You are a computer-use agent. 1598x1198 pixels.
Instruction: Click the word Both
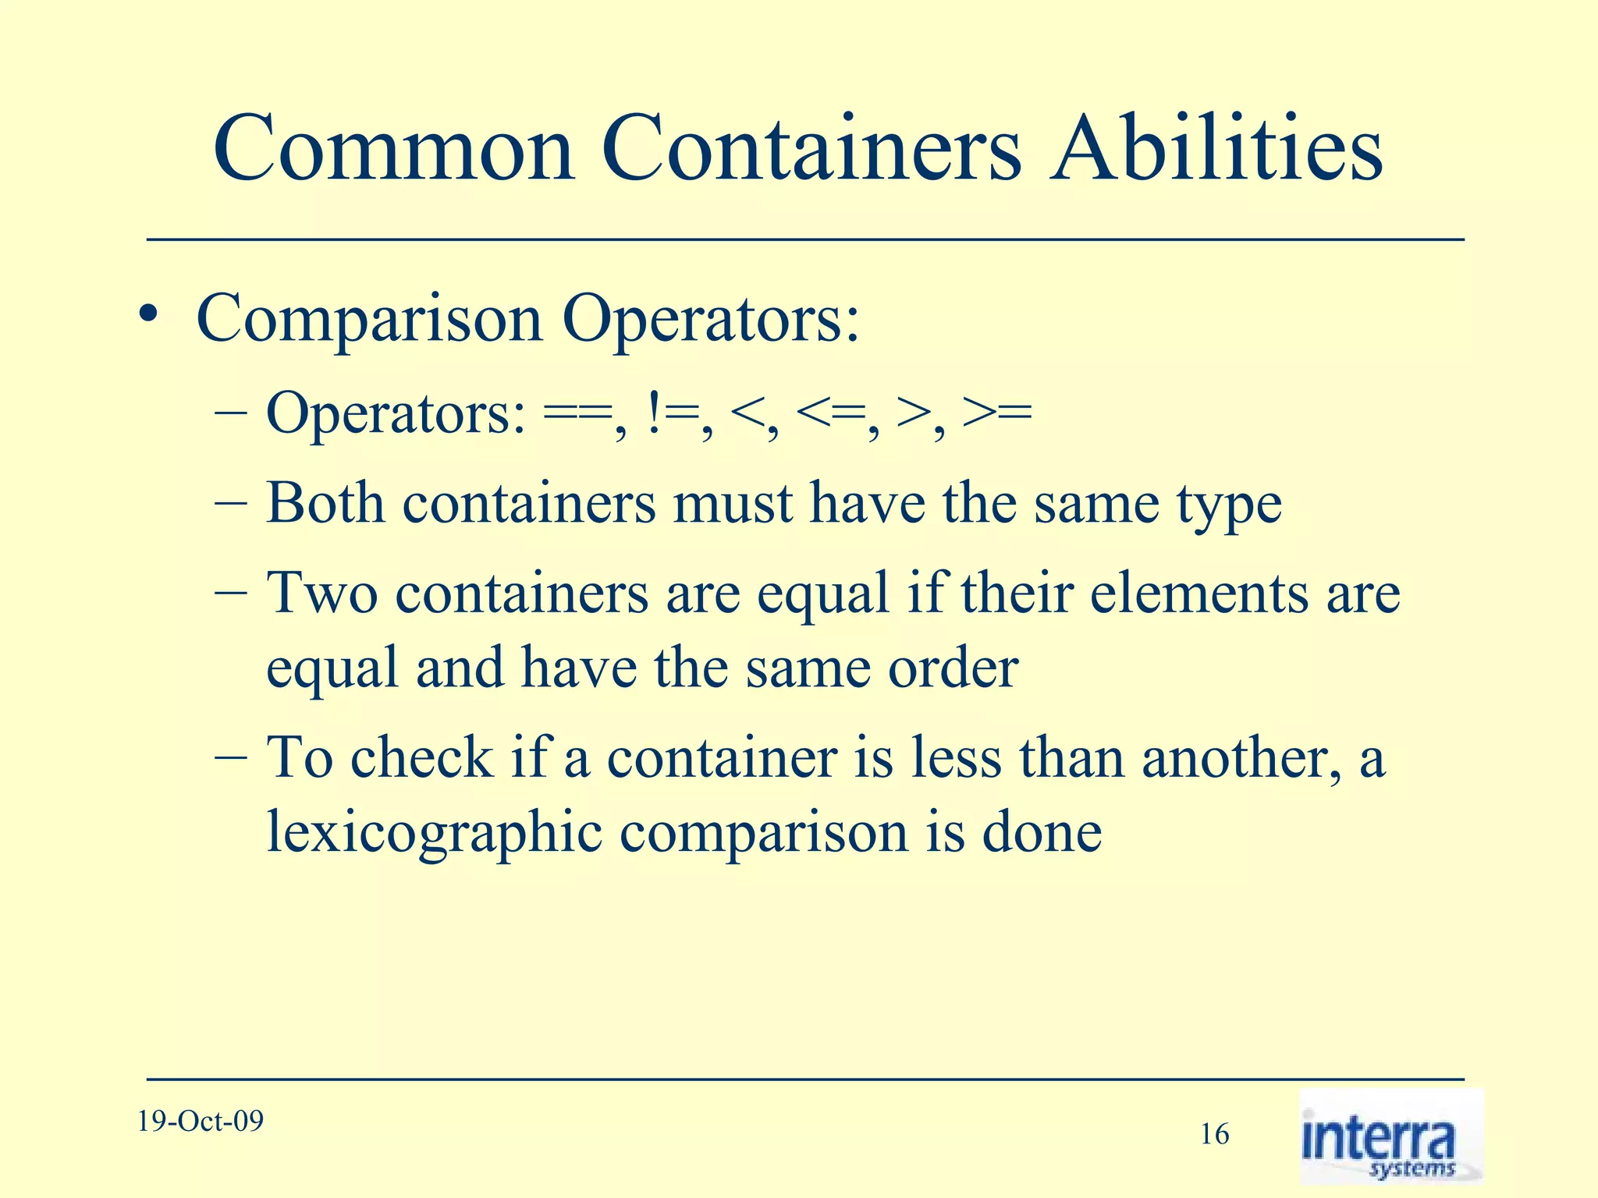tap(325, 503)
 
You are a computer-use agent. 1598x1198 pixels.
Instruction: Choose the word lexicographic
tap(435, 833)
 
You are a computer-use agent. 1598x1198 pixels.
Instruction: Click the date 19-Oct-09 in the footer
tap(201, 1122)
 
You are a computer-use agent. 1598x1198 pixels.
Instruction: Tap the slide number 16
tap(1214, 1134)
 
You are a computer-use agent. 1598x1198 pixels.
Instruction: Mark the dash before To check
tap(230, 757)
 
